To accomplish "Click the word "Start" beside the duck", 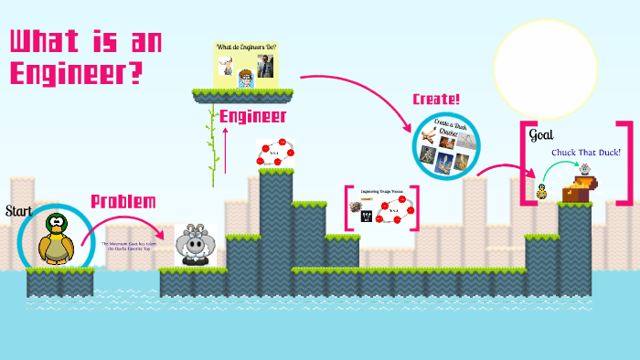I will tap(18, 211).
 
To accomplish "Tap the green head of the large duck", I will tap(56, 221).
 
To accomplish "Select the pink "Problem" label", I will tap(123, 202).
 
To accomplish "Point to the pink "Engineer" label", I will tap(253, 116).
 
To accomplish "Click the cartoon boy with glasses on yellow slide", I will tap(245, 77).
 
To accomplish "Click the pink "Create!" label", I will tap(436, 99).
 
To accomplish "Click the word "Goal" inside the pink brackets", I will tap(541, 135).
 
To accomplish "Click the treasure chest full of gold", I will tap(579, 188).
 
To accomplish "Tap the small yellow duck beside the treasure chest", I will tap(542, 191).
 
